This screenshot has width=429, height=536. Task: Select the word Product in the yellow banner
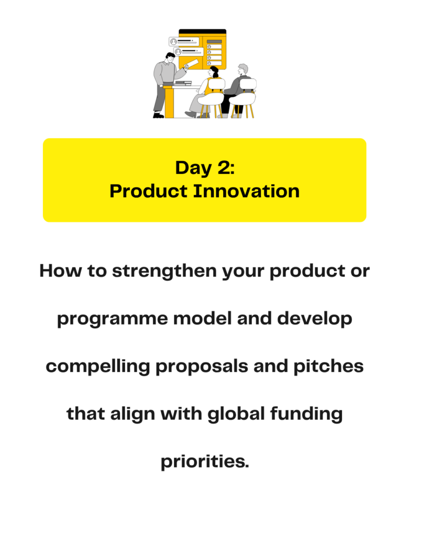tap(149, 191)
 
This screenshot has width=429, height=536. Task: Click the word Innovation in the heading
tap(246, 191)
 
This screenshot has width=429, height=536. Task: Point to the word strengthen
tap(164, 272)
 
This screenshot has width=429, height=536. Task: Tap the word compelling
tap(98, 367)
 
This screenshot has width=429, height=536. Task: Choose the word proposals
tap(202, 367)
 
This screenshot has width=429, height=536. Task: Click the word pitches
tap(328, 366)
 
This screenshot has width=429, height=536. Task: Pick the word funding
tap(306, 414)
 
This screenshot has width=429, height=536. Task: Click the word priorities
tap(205, 462)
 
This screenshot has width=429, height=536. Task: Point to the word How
tap(61, 271)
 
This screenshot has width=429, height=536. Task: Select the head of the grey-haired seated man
tap(243, 69)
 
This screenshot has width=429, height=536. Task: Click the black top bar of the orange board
tap(203, 31)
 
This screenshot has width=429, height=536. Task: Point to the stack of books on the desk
tap(183, 83)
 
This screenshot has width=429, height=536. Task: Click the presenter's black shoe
tap(158, 116)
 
